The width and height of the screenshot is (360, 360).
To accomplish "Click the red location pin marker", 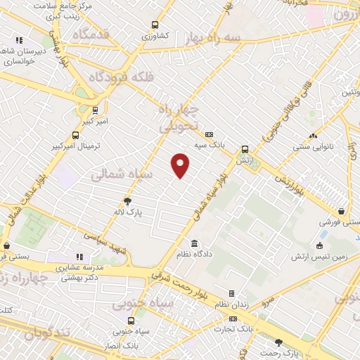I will point(181,165).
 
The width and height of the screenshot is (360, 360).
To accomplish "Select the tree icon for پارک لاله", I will point(127,200).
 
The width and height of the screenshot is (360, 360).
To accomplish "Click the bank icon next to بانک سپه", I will point(209,135).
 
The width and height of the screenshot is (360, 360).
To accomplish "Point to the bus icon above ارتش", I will point(245,149).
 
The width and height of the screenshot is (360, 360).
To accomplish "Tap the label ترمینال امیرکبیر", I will point(75,146).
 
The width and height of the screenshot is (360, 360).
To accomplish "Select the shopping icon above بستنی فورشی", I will point(341,211).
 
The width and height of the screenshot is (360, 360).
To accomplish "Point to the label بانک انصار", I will point(120,346).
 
